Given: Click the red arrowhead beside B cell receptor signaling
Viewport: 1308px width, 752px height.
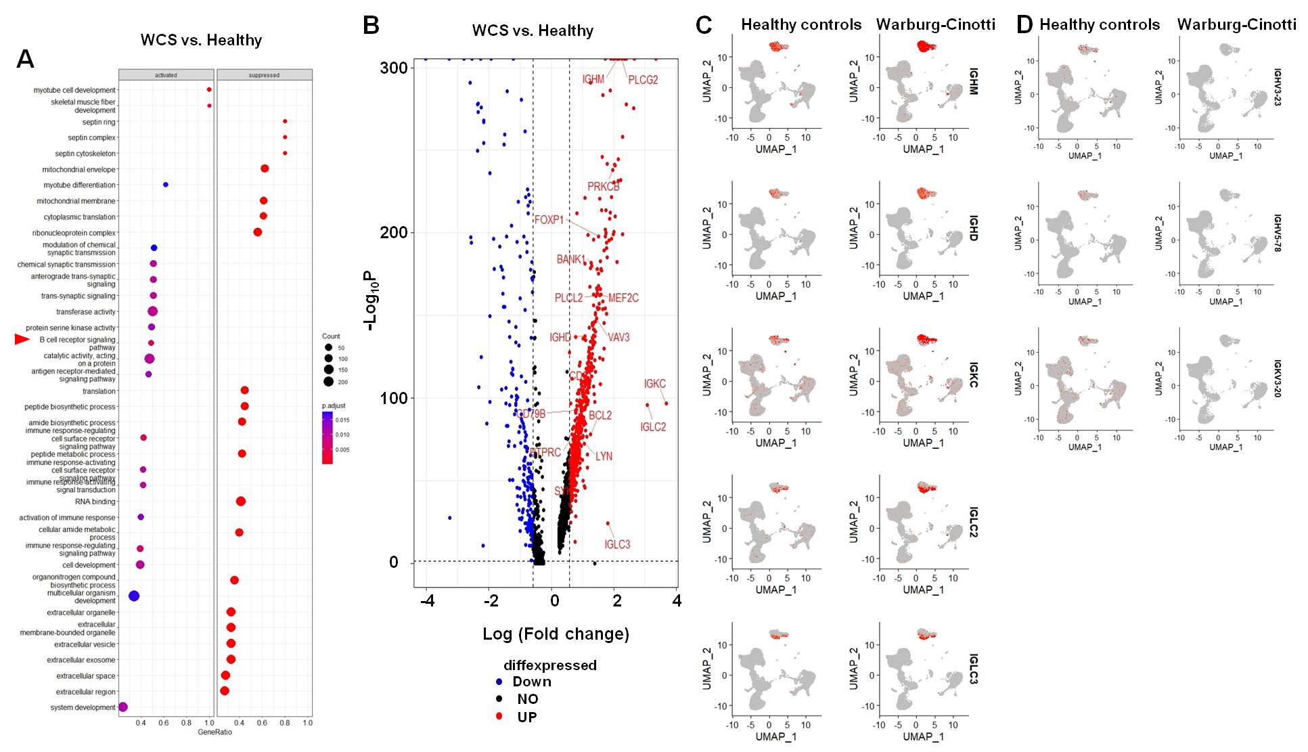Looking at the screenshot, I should coord(22,339).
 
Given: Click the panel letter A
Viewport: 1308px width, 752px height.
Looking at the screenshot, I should coord(25,60).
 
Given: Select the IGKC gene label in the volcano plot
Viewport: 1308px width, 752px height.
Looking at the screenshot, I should coord(654,384).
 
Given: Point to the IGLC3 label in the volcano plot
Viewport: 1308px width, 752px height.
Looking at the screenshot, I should coord(617,544).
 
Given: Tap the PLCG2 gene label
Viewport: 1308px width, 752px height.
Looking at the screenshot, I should coord(643,80).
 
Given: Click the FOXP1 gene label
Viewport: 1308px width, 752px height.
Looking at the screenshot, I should coord(549,220).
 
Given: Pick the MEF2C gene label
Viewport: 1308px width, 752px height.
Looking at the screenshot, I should coord(623,298).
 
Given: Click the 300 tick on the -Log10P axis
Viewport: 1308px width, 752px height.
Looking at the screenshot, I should coord(394,68).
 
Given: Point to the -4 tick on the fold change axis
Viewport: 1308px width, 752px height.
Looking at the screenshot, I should coord(427,600).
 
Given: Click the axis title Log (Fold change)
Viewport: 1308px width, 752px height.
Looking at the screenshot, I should coord(556,634).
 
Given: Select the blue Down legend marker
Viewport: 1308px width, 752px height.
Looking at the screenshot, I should coord(499,682).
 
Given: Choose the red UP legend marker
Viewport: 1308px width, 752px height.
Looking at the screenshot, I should coord(499,716).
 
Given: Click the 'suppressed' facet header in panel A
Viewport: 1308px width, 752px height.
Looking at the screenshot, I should coord(264,75).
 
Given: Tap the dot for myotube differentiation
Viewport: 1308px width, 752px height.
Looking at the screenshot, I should coord(166,185).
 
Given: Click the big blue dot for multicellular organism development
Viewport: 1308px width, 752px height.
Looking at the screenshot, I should coord(134,596).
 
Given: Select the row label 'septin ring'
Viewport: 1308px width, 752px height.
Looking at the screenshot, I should coord(99,123).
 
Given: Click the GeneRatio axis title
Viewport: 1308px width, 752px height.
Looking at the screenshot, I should coord(215,732).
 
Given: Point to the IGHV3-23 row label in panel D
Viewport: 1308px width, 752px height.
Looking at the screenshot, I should coord(1278,87).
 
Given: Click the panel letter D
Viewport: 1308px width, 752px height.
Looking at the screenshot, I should coord(1024,25).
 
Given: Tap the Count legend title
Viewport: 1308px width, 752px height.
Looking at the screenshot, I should coord(331,336).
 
